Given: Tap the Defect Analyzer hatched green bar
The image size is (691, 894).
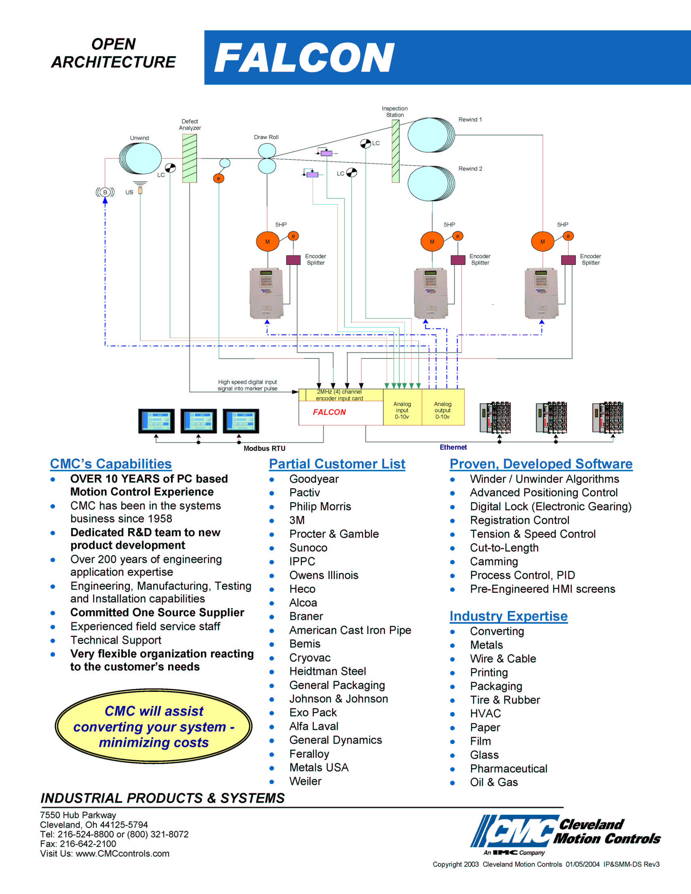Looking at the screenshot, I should tap(190, 159).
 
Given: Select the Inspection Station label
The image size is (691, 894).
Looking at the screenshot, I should tap(395, 112).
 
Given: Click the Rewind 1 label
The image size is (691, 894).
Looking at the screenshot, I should tap(470, 119).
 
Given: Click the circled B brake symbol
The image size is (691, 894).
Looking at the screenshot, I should tap(105, 192).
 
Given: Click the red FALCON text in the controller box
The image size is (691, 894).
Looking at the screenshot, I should tap(329, 412).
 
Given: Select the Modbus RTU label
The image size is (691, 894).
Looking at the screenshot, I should tap(264, 448).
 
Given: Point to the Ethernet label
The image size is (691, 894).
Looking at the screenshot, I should tap(453, 447).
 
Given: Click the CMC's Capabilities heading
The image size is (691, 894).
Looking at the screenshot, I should tap(111, 464).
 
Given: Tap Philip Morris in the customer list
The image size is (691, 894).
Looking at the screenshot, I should tap(320, 506).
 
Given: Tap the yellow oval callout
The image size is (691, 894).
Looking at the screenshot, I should tap(154, 727).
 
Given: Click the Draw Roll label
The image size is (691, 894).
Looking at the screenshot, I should tap(266, 137).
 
